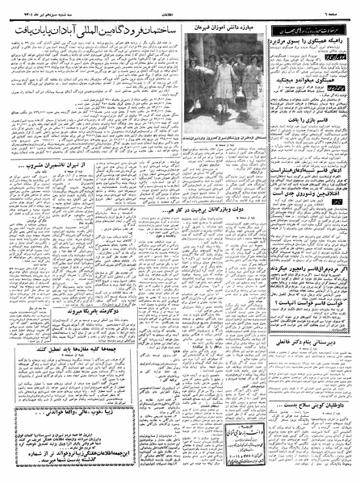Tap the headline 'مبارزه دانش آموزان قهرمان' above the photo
(x=224, y=27)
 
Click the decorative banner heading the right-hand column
(x=309, y=27)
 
